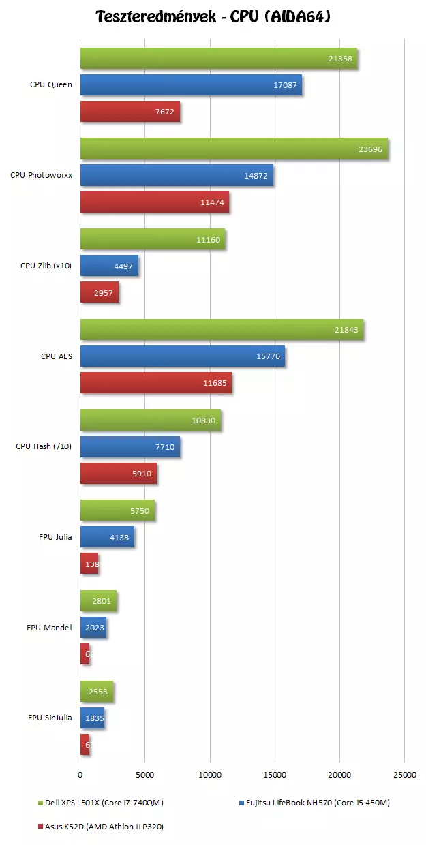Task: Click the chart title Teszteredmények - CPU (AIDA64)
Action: [213, 16]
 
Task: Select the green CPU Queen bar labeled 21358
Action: [218, 59]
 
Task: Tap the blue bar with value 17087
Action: [191, 85]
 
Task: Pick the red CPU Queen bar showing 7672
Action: [130, 112]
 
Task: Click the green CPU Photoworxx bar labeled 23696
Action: [234, 149]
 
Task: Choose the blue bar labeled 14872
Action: [177, 175]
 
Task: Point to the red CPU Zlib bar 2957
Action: [99, 292]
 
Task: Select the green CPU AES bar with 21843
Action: [222, 330]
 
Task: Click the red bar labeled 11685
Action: [155, 383]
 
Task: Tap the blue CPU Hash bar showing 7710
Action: [130, 447]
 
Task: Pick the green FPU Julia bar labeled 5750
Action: [117, 510]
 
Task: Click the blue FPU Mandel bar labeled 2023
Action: [93, 627]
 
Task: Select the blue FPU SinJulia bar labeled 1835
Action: [92, 718]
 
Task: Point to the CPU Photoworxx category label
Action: [41, 175]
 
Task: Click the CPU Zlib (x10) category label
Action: [46, 266]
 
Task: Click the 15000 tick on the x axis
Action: [275, 774]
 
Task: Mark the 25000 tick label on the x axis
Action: [404, 774]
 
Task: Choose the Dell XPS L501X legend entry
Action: [102, 803]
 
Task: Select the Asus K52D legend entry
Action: [102, 827]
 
